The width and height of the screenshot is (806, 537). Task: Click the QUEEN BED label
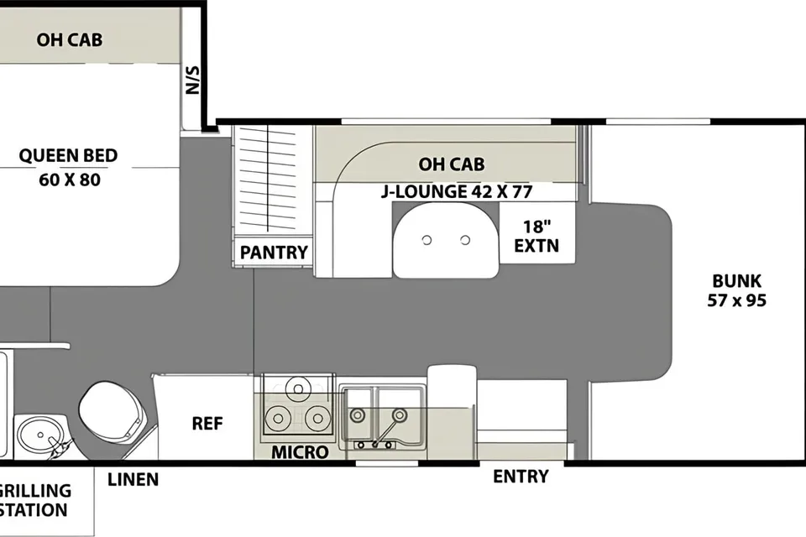[68, 156]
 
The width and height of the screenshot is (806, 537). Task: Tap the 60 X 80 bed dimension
[70, 180]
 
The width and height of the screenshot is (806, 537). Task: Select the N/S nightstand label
[192, 81]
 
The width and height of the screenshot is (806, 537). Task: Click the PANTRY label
[274, 253]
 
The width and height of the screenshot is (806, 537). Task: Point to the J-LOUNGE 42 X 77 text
[457, 191]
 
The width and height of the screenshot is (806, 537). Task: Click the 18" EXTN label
[536, 237]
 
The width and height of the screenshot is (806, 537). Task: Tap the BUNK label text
[736, 281]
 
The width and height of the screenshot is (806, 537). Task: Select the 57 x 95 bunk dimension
[736, 300]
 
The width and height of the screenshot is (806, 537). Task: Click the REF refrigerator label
[207, 424]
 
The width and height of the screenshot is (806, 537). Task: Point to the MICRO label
[301, 452]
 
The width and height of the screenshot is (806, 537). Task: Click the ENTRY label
[521, 477]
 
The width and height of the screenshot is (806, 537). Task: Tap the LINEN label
[133, 479]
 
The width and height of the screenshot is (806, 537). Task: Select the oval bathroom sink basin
[41, 435]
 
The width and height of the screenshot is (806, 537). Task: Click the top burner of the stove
[298, 388]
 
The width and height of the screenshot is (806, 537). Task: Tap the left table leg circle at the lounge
[427, 240]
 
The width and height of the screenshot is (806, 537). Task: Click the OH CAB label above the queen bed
[70, 39]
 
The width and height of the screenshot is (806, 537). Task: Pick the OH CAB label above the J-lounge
[452, 164]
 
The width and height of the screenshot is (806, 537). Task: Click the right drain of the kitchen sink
[400, 414]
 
